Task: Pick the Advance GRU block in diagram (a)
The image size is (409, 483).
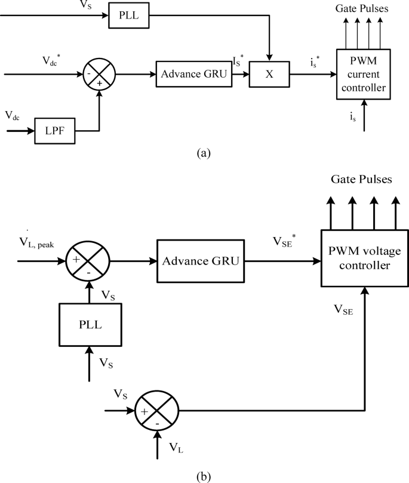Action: click(192, 75)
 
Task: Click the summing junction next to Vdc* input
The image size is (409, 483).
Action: click(99, 75)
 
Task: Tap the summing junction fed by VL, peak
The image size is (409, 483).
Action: click(90, 260)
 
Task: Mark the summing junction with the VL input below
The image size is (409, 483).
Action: click(158, 410)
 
